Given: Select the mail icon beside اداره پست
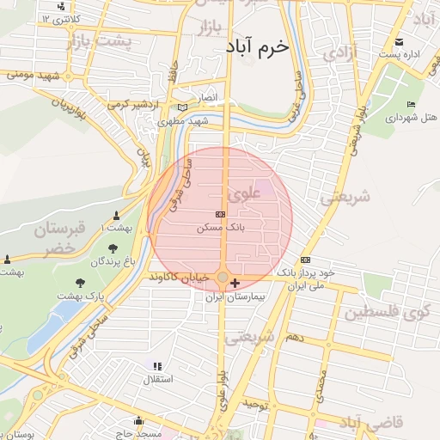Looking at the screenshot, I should pyautogui.click(x=398, y=42).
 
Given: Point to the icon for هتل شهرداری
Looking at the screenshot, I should pyautogui.click(x=411, y=105).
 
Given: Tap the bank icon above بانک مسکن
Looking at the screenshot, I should pyautogui.click(x=221, y=214).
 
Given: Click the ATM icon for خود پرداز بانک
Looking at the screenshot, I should pyautogui.click(x=305, y=260).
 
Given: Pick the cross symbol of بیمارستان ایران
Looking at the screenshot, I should pyautogui.click(x=235, y=282).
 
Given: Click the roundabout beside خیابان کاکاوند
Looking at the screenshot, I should pyautogui.click(x=223, y=278).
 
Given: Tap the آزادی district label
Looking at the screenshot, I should pyautogui.click(x=339, y=53).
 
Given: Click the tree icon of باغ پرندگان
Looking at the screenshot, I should pyautogui.click(x=113, y=249).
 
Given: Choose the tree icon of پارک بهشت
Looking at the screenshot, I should pyautogui.click(x=80, y=282).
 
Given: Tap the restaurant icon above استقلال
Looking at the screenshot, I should pyautogui.click(x=157, y=366).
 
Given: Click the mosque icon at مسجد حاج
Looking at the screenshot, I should pyautogui.click(x=138, y=421).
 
